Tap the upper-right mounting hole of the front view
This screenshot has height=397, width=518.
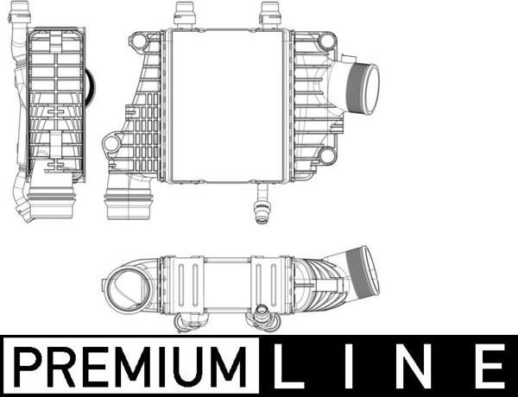[x=325, y=41]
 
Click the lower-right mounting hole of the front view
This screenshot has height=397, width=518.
[x=326, y=156]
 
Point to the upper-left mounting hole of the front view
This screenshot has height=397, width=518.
[x=137, y=40]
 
